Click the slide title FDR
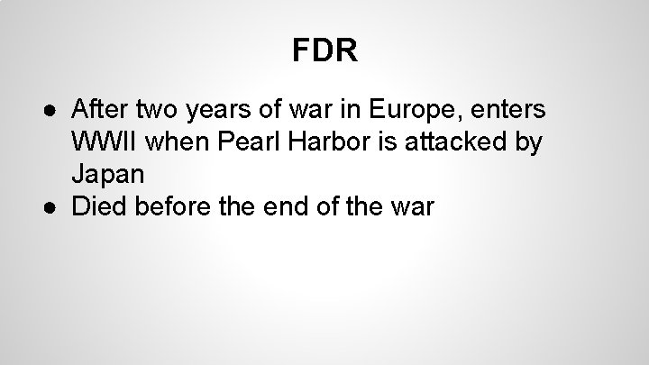(324, 50)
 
